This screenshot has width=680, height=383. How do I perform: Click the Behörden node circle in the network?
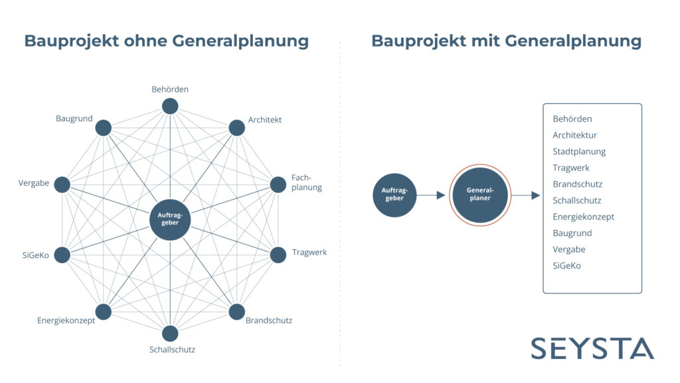(170, 106)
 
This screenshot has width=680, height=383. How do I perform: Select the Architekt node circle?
(237, 128)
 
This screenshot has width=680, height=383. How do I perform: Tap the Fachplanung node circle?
(278, 185)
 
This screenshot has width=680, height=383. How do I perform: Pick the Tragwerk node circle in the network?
(278, 255)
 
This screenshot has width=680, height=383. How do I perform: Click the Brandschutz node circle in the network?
(237, 312)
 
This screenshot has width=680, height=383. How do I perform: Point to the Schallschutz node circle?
(170, 334)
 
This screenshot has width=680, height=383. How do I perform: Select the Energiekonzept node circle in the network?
(103, 312)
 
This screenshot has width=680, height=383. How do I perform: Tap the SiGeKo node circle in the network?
(62, 255)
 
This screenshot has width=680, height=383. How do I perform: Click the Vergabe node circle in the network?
(62, 185)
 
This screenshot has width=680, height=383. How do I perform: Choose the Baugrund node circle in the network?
(103, 128)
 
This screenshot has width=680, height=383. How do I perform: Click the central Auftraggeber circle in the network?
(170, 219)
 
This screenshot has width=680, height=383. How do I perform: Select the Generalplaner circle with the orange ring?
(480, 195)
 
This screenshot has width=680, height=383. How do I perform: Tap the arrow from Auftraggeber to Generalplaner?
(431, 195)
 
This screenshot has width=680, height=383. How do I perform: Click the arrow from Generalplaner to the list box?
(526, 195)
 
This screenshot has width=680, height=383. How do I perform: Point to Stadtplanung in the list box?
(579, 152)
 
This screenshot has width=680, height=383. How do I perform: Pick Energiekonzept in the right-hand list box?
(583, 217)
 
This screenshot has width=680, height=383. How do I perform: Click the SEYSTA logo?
(592, 348)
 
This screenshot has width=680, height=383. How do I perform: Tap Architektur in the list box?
(574, 135)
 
